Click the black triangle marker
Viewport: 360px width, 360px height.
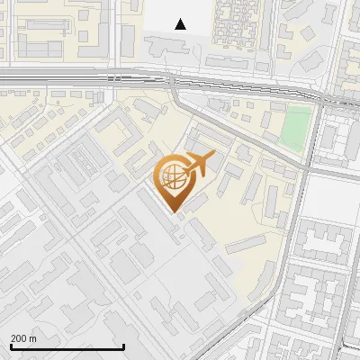181,24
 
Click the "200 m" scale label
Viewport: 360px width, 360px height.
23,338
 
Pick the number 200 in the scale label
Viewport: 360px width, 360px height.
19,338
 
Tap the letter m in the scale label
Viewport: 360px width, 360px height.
32,338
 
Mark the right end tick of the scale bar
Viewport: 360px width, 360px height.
122,346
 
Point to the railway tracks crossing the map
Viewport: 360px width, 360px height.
90,80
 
